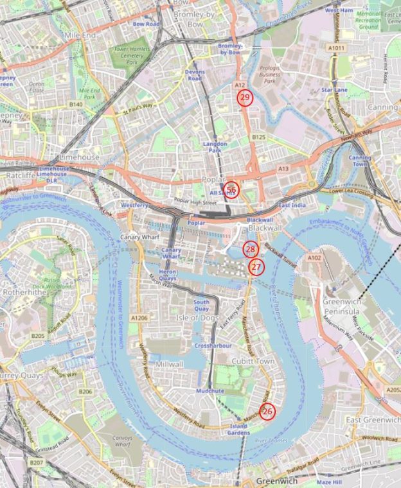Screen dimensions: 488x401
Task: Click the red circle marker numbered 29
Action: pyautogui.click(x=244, y=98)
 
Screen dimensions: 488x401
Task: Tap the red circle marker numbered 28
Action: pyautogui.click(x=251, y=249)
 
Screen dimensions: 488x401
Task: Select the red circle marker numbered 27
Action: pyautogui.click(x=256, y=266)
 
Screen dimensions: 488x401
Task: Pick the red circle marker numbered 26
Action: pyautogui.click(x=267, y=412)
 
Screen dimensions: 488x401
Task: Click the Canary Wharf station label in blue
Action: pyautogui.click(x=171, y=253)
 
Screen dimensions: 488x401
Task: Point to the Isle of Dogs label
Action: pyautogui.click(x=200, y=318)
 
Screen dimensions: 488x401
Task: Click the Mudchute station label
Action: pyautogui.click(x=209, y=390)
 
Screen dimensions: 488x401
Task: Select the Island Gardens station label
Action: pyautogui.click(x=238, y=429)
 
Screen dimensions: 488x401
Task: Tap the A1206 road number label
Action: pyautogui.click(x=139, y=318)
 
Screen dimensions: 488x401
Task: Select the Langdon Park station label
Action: pyautogui.click(x=215, y=147)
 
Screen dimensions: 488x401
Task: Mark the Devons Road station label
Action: pyautogui.click(x=195, y=74)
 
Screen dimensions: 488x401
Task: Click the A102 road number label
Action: pyautogui.click(x=314, y=258)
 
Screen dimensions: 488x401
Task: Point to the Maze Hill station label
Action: pyautogui.click(x=329, y=482)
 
